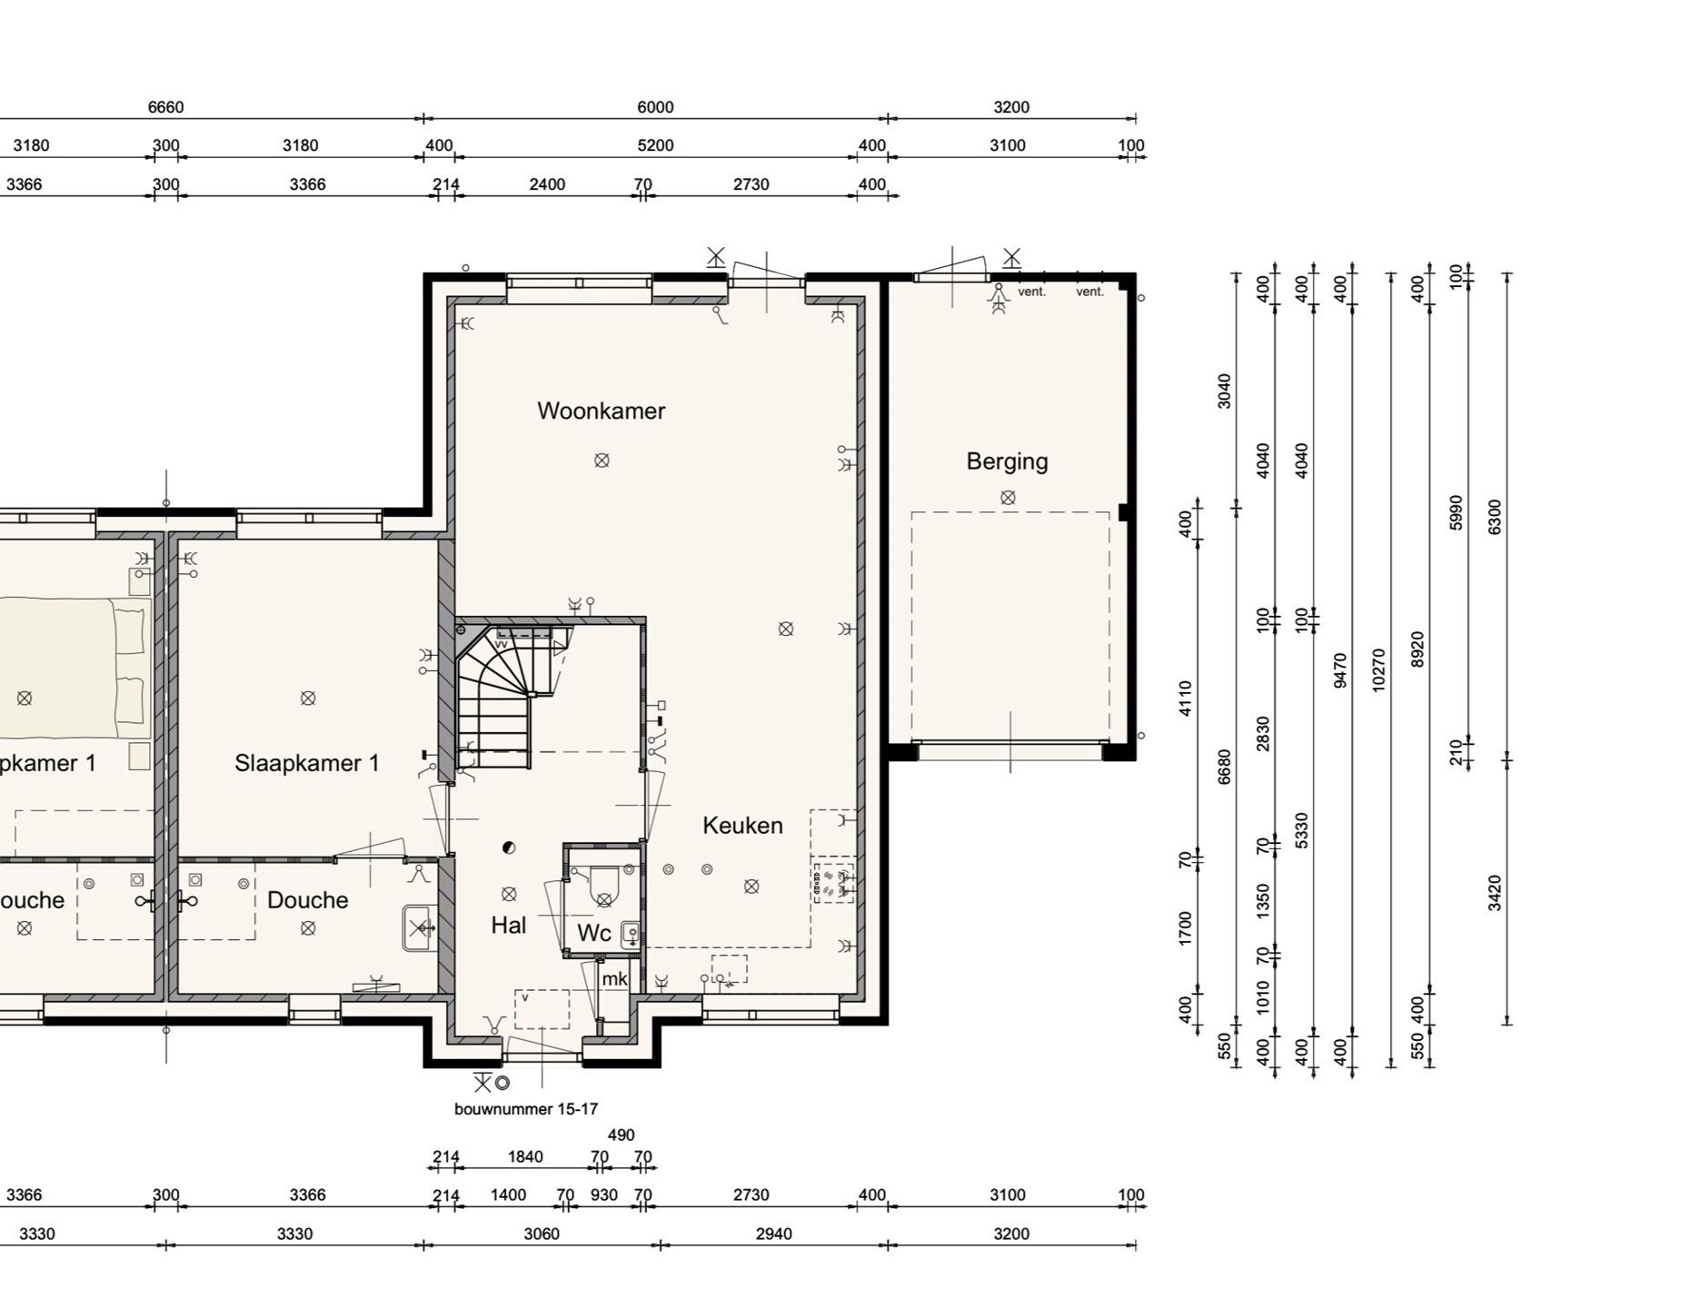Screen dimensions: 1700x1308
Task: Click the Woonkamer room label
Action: pos(601,411)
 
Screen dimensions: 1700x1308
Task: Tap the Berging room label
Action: pos(1007,461)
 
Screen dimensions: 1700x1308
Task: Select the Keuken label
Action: pos(742,826)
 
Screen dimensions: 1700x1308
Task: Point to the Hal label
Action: pos(509,926)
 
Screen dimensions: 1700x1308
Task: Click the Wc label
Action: pos(594,933)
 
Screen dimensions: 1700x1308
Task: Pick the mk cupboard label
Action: pos(614,978)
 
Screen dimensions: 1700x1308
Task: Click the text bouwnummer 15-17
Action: pos(526,1109)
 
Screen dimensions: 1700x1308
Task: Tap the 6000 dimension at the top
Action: pos(655,107)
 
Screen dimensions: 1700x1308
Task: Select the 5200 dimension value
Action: pos(655,145)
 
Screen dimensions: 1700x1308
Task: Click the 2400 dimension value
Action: pos(547,184)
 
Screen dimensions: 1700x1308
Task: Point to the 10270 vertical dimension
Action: pos(1378,670)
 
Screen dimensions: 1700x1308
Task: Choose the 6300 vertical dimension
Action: pos(1495,517)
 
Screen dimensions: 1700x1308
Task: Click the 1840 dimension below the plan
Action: pos(525,1157)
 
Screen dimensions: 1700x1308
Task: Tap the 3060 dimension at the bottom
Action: pos(542,1234)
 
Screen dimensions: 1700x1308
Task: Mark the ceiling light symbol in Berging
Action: pos(1008,498)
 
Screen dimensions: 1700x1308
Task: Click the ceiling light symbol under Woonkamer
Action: pos(601,461)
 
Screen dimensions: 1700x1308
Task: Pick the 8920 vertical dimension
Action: pos(1417,649)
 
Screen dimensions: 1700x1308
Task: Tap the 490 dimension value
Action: pos(621,1135)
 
